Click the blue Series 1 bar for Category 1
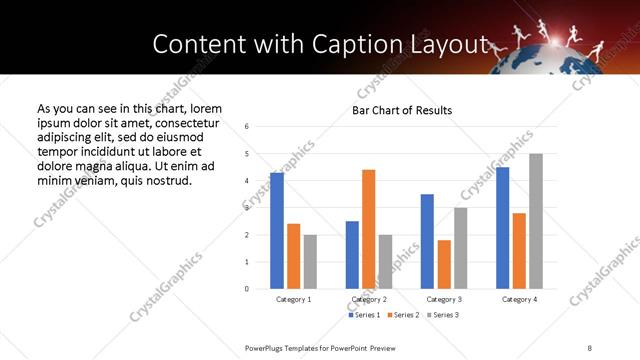277,231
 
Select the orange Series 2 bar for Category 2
369,229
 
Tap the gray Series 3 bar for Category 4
536,221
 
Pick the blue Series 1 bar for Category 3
427,241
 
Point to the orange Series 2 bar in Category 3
444,264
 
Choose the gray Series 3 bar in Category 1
310,262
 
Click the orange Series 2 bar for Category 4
519,251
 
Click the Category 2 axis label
368,299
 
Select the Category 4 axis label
519,299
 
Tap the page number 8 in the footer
589,347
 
